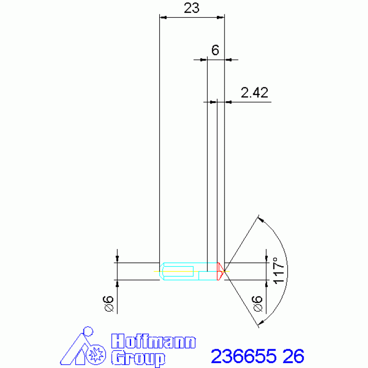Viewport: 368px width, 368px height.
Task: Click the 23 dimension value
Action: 191,8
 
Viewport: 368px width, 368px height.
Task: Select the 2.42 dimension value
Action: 254,93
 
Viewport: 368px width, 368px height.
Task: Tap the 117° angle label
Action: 279,270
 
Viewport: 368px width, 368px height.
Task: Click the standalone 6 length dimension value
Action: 215,50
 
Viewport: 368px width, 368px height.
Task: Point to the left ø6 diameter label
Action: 108,304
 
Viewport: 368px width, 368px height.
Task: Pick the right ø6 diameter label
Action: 257,304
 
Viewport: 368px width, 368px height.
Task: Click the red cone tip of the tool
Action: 221,271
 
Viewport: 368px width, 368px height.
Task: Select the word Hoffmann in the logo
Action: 154,341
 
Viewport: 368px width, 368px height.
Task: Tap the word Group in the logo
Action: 138,357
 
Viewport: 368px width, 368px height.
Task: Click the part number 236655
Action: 244,356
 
